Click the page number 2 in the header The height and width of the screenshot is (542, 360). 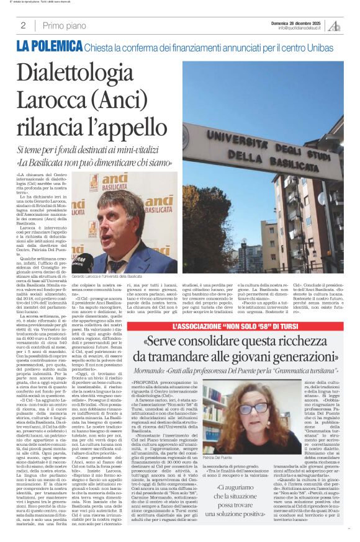tap(23, 25)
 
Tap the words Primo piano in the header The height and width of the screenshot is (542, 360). tap(65, 25)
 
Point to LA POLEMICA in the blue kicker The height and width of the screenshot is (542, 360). tap(49, 45)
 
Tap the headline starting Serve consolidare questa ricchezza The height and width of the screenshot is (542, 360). tap(246, 349)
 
